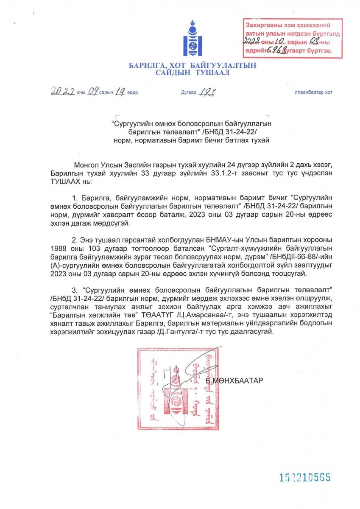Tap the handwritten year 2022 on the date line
point(63,92)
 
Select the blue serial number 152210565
point(304,477)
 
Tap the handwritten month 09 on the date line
point(92,92)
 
